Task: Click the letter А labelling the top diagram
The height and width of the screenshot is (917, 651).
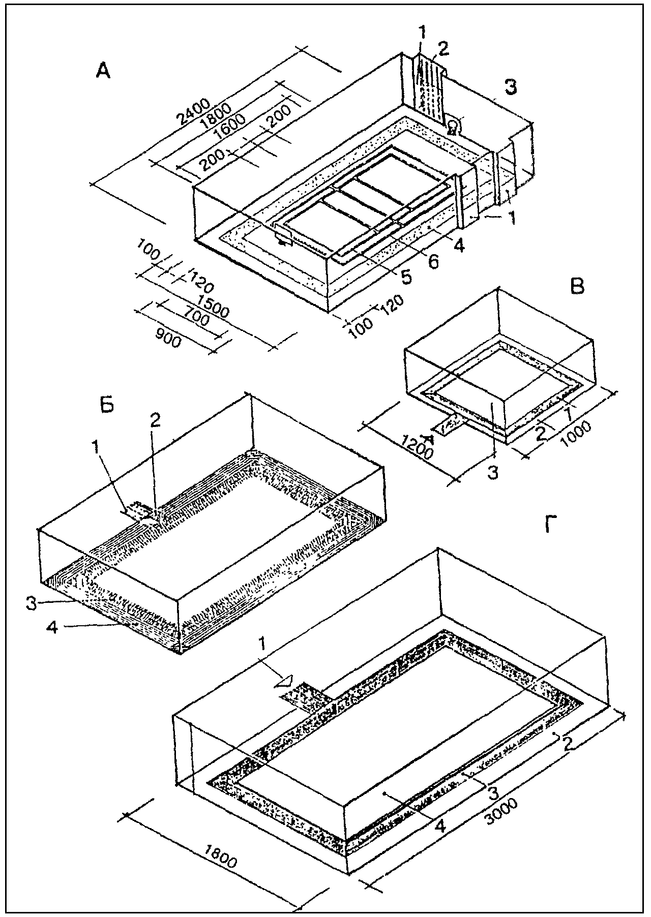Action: pyautogui.click(x=103, y=73)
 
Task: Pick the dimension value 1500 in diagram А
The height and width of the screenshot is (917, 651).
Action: pyautogui.click(x=213, y=304)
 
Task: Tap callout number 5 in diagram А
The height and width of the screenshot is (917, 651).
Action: pyautogui.click(x=406, y=277)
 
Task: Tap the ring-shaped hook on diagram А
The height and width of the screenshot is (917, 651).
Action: pyautogui.click(x=453, y=124)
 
